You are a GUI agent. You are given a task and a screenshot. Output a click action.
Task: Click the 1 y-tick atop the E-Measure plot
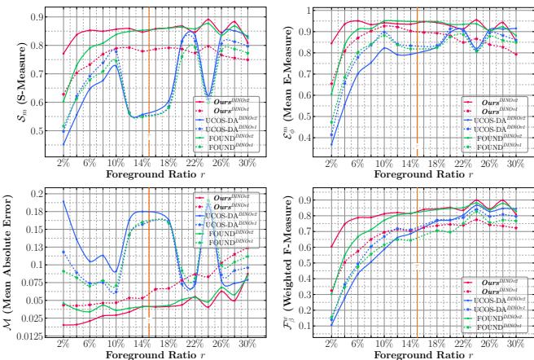pos(307,11)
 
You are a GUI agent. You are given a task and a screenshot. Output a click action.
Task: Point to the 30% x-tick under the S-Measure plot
pos(247,164)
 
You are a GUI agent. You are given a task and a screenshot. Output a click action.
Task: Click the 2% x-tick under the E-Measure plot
pos(330,164)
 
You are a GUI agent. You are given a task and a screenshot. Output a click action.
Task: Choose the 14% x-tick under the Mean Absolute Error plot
pos(142,344)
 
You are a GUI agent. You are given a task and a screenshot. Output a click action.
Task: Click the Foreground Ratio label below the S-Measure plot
pos(143,174)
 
